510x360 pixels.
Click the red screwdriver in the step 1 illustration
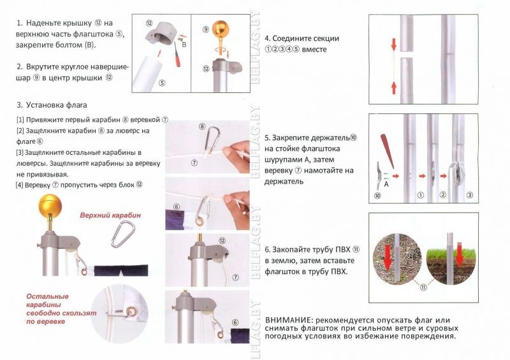(177, 54)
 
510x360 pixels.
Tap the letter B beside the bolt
(184, 45)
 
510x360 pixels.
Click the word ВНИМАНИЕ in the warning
(289, 320)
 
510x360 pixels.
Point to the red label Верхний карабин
(110, 215)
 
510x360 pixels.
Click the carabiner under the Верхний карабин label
(122, 234)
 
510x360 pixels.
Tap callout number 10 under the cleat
(377, 196)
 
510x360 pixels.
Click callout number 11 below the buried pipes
(423, 287)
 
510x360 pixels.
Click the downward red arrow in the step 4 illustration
(394, 45)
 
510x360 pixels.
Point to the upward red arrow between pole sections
(394, 88)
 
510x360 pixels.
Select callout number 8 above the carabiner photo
(202, 126)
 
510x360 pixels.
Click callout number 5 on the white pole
(162, 83)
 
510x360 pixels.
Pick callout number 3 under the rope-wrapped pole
(469, 195)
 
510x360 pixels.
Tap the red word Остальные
(47, 296)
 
